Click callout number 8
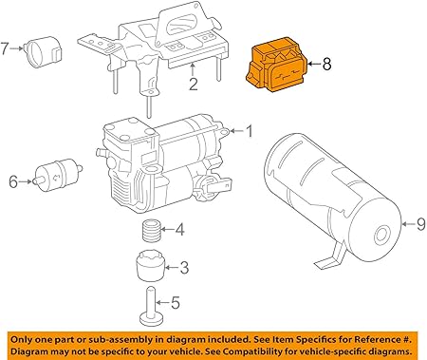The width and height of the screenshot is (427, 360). tap(326, 65)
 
